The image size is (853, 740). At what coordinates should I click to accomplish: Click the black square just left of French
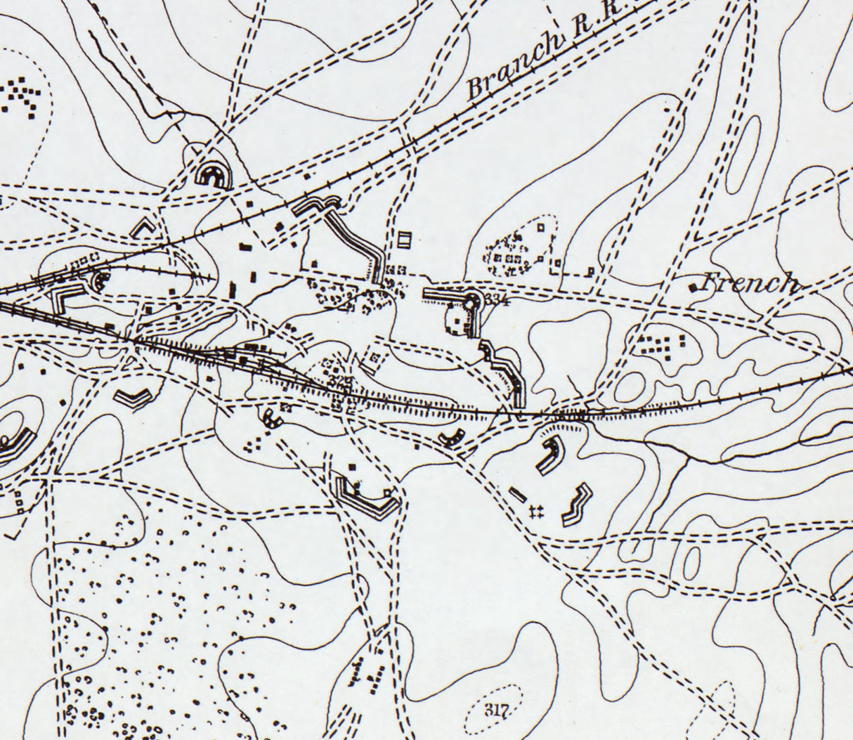tap(694, 287)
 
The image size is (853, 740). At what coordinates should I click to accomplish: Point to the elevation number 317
tap(495, 708)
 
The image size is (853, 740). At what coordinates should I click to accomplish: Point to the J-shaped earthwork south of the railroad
tap(549, 455)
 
